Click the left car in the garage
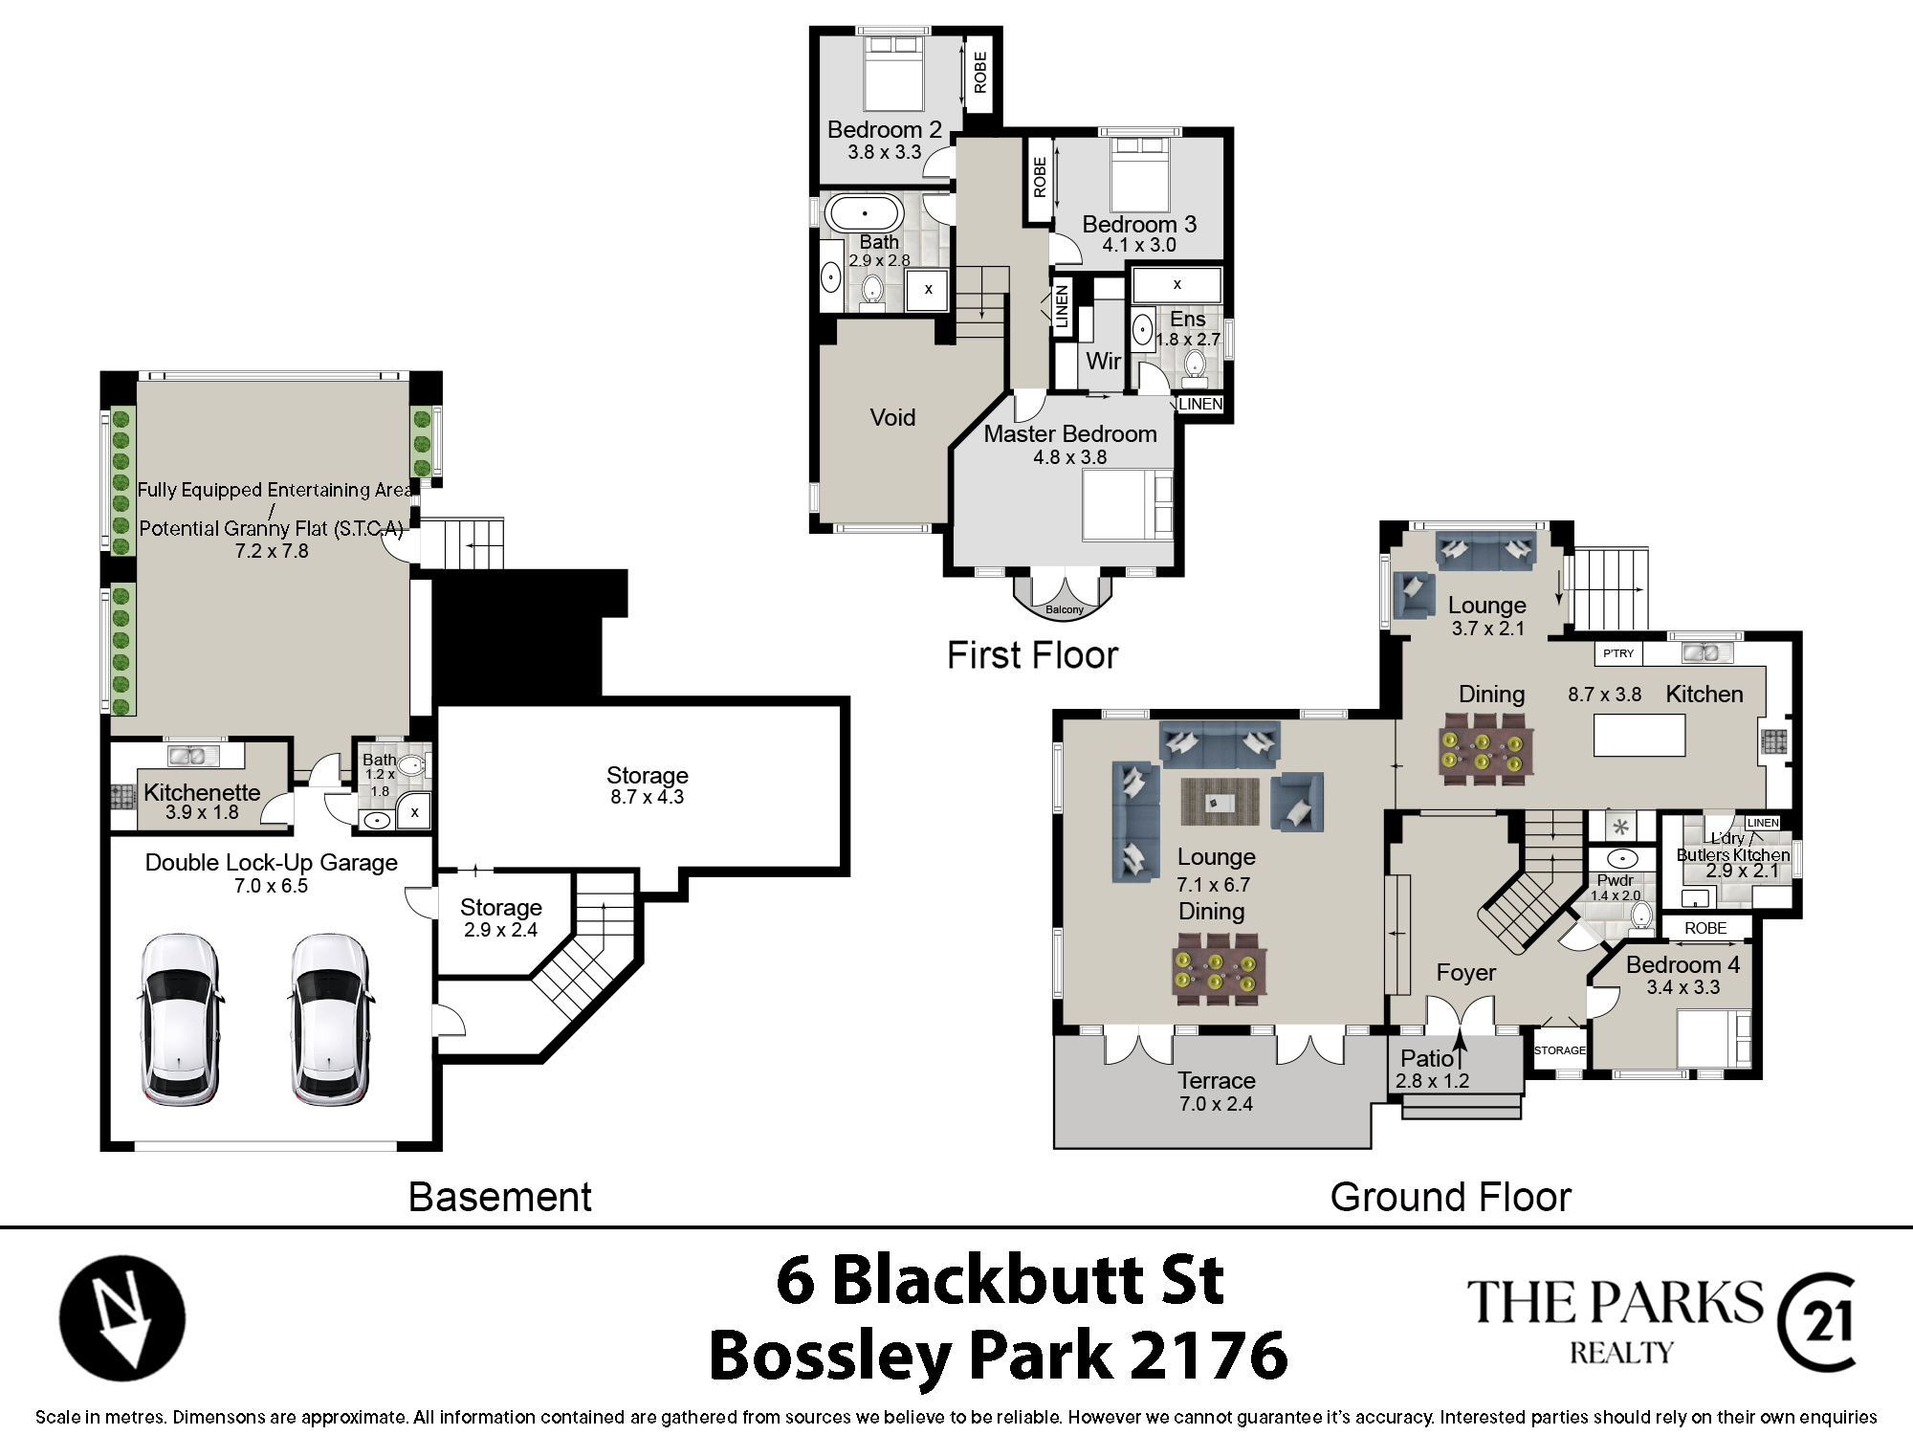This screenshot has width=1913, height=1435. [181, 1019]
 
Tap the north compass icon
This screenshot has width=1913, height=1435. [122, 1317]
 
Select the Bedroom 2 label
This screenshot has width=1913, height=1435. [885, 129]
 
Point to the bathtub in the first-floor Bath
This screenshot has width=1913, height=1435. [865, 213]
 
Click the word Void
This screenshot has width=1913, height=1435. [892, 417]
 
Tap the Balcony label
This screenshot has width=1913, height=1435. [1065, 609]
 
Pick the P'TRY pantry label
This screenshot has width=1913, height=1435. [1618, 653]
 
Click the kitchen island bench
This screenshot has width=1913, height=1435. [1639, 736]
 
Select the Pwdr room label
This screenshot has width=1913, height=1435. [1616, 880]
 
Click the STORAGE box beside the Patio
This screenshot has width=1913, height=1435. [1560, 1050]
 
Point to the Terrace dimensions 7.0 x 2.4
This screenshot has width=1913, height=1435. [1216, 1104]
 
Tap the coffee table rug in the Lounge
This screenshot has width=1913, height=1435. [1220, 802]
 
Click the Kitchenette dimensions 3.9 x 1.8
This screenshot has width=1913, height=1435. [202, 812]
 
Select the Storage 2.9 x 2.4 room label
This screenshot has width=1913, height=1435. [500, 917]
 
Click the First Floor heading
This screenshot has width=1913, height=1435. [1032, 655]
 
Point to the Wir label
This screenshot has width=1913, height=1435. [1103, 361]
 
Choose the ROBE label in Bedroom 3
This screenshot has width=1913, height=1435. [1040, 178]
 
